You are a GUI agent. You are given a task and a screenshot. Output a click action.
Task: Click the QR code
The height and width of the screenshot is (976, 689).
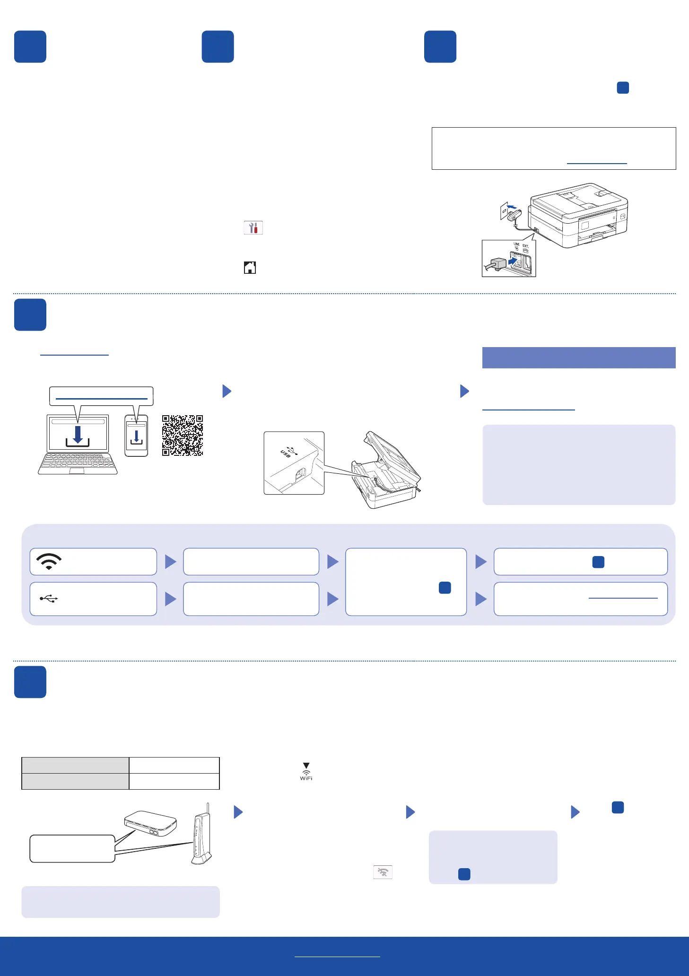point(183,436)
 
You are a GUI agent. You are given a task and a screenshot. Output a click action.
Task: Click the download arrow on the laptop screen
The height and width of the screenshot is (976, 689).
point(78,436)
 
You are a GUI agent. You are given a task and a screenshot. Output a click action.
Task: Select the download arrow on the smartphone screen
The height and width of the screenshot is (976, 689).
point(136,436)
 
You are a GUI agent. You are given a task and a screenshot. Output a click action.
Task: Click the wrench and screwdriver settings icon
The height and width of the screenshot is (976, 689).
point(253,228)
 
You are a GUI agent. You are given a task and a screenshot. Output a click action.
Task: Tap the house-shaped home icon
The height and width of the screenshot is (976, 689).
point(250,268)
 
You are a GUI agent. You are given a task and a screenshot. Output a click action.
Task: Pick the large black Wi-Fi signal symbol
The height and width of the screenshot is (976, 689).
point(49,561)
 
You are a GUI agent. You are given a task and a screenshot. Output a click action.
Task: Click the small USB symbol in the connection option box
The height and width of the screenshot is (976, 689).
point(49,599)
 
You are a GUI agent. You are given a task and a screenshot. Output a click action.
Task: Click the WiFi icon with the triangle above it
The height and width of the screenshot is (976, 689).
point(306,771)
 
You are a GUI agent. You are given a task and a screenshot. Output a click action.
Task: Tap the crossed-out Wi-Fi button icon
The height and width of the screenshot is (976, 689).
point(383,872)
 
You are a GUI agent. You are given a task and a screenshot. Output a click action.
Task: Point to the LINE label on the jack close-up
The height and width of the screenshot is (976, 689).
point(516,244)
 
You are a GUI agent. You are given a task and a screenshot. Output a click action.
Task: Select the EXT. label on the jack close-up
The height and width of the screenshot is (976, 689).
point(526,246)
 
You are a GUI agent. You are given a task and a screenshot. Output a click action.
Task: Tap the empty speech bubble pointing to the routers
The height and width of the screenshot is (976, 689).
point(72,848)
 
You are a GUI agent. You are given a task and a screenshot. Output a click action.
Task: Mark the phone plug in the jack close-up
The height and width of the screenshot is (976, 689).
point(498,264)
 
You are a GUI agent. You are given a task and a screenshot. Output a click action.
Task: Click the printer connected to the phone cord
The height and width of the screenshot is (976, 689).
point(579,215)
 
